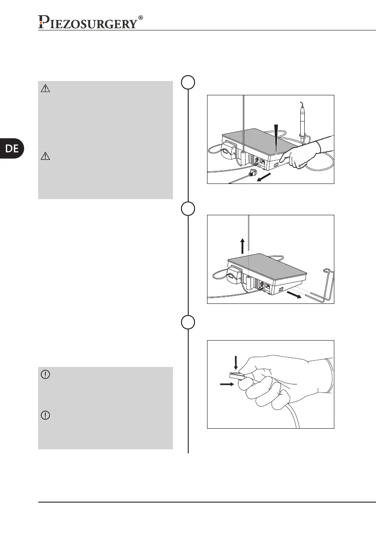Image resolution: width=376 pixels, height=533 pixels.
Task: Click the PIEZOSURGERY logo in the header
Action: point(87,22)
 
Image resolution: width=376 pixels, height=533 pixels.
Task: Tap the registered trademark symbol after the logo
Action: point(141,18)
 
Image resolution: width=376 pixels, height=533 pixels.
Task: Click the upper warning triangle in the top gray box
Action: point(45,89)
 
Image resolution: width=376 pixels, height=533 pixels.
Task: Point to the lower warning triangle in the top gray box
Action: point(45,156)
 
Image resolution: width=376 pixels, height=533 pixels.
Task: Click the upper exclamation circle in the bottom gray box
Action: point(45,375)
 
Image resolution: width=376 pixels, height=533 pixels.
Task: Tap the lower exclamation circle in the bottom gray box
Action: point(45,415)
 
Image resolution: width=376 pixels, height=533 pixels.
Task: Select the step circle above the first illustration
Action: point(188,83)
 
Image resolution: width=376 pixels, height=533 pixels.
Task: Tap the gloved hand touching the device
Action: point(300,154)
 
